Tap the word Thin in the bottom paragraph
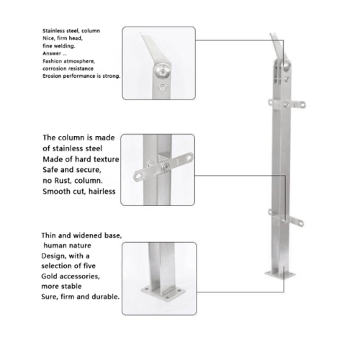[48, 235]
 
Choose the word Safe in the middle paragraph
[50, 170]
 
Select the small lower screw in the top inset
[163, 87]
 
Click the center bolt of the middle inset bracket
[166, 167]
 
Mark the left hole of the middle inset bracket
[138, 176]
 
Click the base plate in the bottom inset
[163, 293]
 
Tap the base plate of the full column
[280, 275]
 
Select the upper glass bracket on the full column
[287, 104]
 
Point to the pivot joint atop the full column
[286, 66]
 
